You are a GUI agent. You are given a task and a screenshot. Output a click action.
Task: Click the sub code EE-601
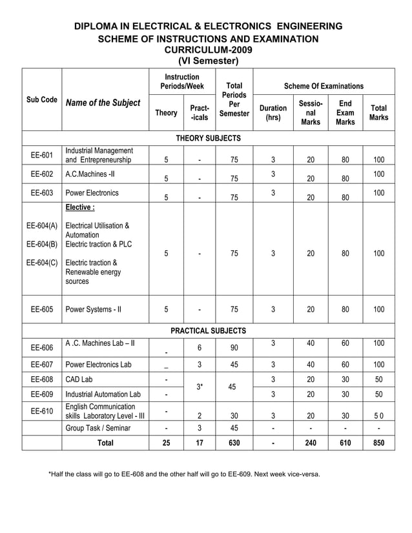[x=41, y=155]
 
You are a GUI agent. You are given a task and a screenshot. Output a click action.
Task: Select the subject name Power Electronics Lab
[x=100, y=364]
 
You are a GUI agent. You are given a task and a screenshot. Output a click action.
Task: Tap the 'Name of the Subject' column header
[x=103, y=103]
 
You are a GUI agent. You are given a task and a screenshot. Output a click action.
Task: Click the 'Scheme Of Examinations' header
[x=324, y=86]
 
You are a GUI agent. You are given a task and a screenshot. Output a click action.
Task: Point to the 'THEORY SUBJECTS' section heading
[x=208, y=138]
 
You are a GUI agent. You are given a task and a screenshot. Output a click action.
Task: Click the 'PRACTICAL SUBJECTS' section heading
[x=208, y=330]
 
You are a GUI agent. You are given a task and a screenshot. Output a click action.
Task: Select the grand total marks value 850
[x=378, y=443]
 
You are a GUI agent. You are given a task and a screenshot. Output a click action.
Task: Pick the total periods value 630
[x=234, y=443]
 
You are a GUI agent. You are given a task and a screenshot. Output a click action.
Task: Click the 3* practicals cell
[x=200, y=387]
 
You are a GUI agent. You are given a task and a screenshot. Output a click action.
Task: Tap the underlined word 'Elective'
[x=79, y=208]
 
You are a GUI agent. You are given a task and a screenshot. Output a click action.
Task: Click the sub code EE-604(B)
[x=41, y=244]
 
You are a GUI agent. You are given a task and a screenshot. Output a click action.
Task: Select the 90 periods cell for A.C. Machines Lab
[x=234, y=348]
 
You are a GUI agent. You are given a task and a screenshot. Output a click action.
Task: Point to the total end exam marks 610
[x=345, y=443]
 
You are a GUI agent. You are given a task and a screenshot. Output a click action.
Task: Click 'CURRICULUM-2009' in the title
[x=208, y=50]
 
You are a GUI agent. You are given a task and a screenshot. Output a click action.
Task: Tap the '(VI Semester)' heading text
[x=208, y=61]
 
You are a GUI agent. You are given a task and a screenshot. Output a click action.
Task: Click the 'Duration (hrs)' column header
[x=273, y=113]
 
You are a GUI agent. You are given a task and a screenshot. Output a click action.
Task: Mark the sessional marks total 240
[x=311, y=443]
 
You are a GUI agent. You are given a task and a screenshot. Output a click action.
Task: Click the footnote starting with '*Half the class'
[x=184, y=474]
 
